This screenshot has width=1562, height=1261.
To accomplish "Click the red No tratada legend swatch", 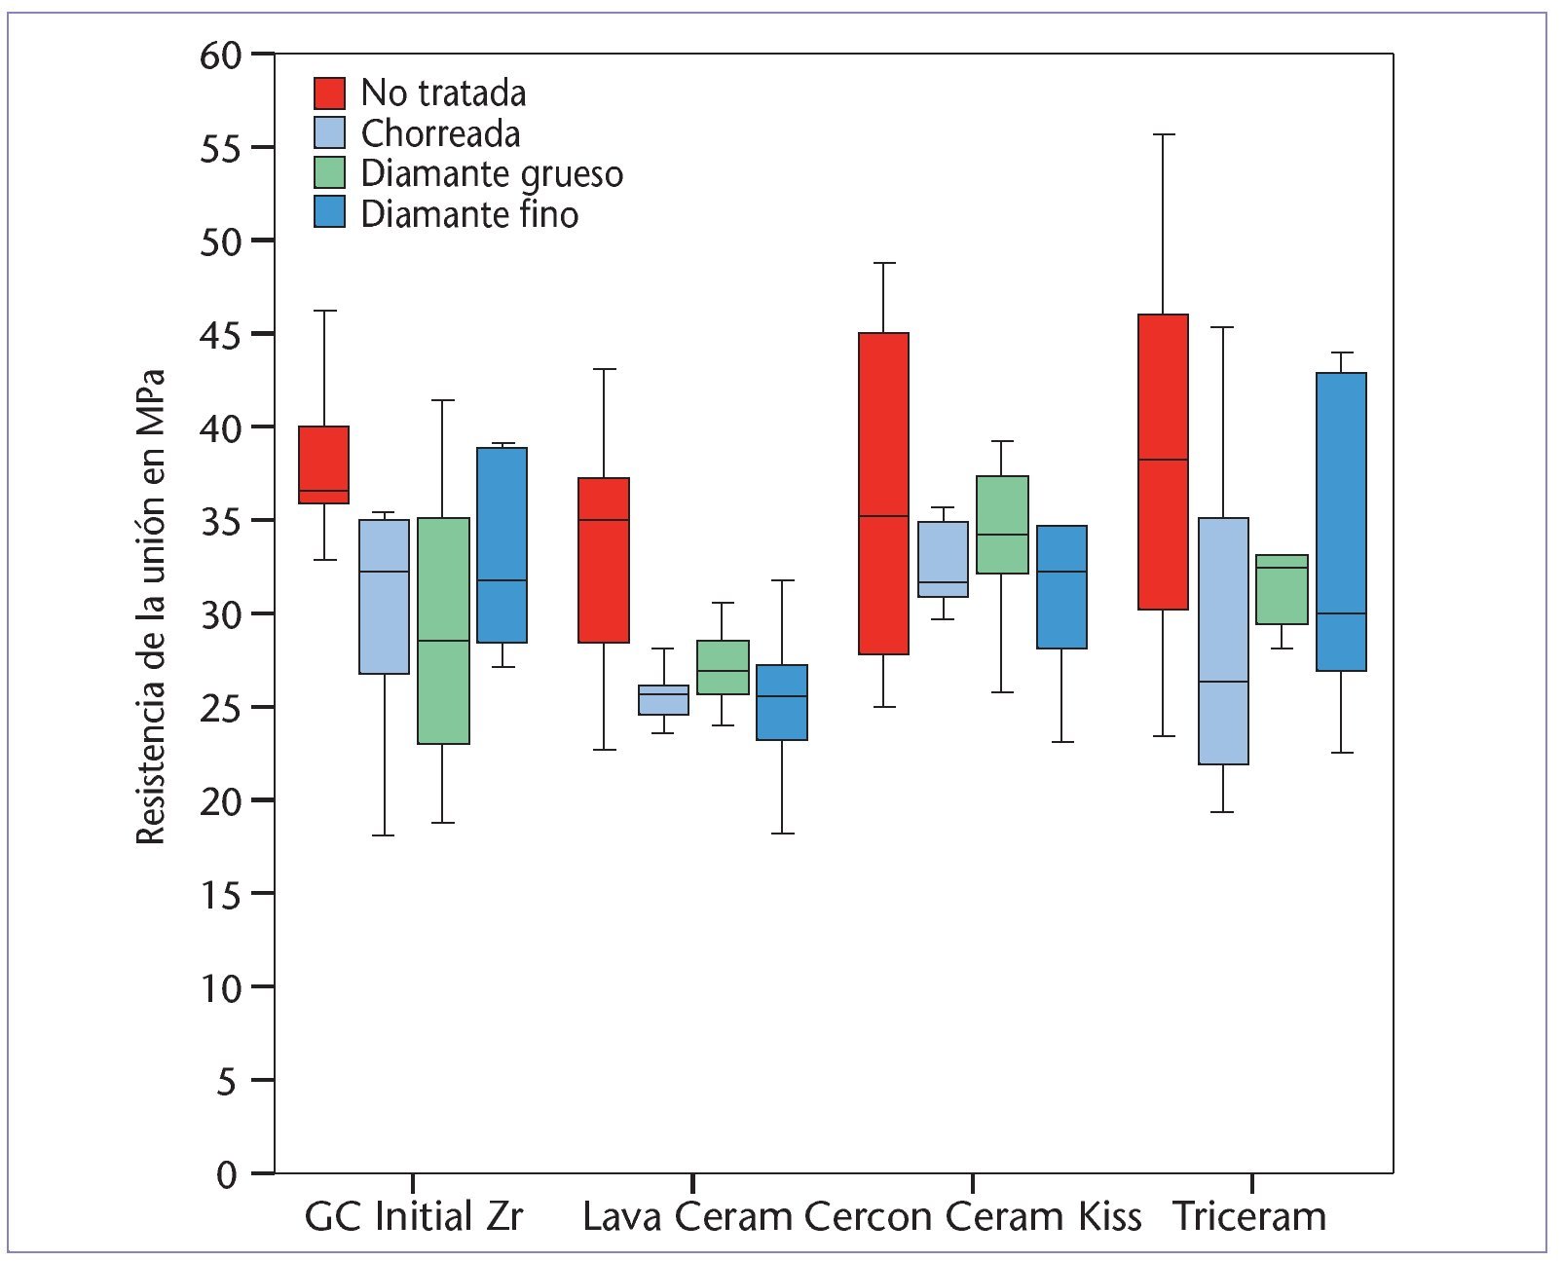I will pyautogui.click(x=329, y=93).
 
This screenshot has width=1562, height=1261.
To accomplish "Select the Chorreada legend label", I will pyautogui.click(x=440, y=133).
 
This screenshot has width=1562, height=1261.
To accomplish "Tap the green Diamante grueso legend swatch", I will pyautogui.click(x=329, y=173).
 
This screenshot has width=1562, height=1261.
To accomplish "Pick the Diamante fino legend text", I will pyautogui.click(x=469, y=214).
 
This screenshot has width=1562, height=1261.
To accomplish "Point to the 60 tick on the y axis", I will pyautogui.click(x=220, y=55).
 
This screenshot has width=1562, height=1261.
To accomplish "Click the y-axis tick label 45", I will pyautogui.click(x=220, y=334).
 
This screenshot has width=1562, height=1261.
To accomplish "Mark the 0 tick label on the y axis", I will pyautogui.click(x=227, y=1174).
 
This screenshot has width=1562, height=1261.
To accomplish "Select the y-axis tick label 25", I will pyautogui.click(x=220, y=707).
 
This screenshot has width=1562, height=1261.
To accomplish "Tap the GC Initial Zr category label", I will pyautogui.click(x=414, y=1217).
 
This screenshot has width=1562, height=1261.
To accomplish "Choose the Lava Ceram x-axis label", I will pyautogui.click(x=688, y=1217).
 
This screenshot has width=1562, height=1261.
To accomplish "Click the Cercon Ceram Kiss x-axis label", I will pyautogui.click(x=973, y=1217).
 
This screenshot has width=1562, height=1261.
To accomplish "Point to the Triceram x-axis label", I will pyautogui.click(x=1249, y=1217).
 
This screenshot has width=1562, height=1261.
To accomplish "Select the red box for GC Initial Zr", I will pyautogui.click(x=324, y=464).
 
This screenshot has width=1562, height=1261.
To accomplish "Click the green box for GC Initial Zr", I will pyautogui.click(x=443, y=631).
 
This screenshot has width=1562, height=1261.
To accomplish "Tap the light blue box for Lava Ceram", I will pyautogui.click(x=663, y=700).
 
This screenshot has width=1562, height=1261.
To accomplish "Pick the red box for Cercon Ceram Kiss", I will pyautogui.click(x=883, y=494).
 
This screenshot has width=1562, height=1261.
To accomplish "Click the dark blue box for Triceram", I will pyautogui.click(x=1341, y=522).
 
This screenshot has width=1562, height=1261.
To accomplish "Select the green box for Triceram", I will pyautogui.click(x=1282, y=589).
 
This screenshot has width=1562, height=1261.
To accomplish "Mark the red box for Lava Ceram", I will pyautogui.click(x=604, y=560).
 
